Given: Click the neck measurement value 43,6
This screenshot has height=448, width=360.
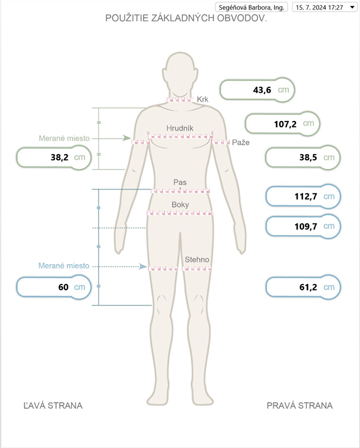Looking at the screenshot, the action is [262, 90].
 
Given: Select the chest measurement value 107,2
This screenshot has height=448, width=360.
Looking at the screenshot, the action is [285, 124].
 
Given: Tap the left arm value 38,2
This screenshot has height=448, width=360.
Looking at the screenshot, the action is [60, 157].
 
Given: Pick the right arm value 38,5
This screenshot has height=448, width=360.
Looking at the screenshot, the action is [308, 157].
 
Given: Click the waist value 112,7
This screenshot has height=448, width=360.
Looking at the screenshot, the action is [306, 196].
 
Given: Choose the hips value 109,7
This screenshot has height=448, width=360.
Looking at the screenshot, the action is [306, 226].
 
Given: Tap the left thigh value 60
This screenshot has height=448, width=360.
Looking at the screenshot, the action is [63, 287].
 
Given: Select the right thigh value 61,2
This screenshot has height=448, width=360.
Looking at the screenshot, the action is [308, 287].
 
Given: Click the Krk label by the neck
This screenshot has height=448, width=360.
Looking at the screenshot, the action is [203, 99].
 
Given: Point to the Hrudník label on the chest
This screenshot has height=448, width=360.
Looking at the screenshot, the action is [180, 128].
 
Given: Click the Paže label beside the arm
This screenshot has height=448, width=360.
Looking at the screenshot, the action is [241, 143].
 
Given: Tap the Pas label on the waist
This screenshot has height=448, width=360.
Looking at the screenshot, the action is [180, 182].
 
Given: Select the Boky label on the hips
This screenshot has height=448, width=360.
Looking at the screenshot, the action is [180, 204].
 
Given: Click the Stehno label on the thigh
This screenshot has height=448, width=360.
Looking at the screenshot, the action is [197, 260].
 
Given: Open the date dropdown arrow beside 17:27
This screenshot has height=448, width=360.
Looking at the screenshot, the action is [352, 7].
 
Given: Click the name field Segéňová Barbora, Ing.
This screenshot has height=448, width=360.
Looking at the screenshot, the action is [251, 7].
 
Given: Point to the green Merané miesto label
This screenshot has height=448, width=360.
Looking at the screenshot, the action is [64, 138].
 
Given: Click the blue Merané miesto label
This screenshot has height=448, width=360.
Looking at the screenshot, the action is [63, 266].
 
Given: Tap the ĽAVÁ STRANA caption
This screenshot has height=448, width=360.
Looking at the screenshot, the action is [53, 405].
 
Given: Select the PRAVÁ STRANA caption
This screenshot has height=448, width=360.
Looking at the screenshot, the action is [299, 405].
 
